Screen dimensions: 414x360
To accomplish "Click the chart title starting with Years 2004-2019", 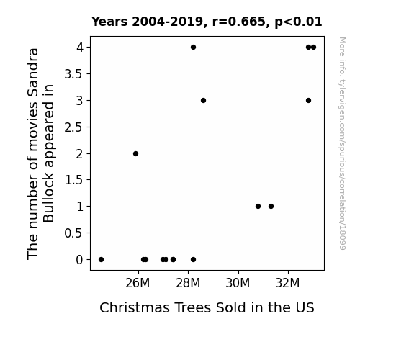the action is click(207, 22).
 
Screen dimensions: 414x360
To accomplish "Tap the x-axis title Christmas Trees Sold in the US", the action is click(207, 307).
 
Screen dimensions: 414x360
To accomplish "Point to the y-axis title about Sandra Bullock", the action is click(40, 153).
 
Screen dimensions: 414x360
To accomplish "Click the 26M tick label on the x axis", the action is click(138, 283).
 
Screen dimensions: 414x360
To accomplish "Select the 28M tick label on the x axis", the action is click(188, 283).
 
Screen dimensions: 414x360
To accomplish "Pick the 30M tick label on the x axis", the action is click(238, 283).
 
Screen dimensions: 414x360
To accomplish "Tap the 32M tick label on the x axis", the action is click(287, 283).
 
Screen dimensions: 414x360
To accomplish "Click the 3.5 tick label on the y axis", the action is click(73, 74).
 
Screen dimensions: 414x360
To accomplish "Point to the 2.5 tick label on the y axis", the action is click(73, 127).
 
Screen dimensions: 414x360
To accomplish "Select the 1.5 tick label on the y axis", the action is click(73, 181).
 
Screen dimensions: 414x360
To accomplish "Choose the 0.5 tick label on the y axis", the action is click(73, 233).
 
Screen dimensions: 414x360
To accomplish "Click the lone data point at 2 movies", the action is click(135, 153).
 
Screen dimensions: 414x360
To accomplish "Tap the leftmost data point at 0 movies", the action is click(101, 260).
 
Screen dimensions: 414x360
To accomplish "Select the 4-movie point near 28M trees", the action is click(193, 48).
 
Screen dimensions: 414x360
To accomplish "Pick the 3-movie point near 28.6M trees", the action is click(203, 100).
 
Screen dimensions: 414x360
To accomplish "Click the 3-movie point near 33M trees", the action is click(308, 100).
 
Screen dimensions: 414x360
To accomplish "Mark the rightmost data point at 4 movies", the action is click(314, 48).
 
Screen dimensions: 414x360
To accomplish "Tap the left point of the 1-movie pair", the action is click(258, 207).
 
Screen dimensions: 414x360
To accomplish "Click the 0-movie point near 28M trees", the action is click(193, 260).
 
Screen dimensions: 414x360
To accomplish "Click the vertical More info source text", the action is click(342, 143).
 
